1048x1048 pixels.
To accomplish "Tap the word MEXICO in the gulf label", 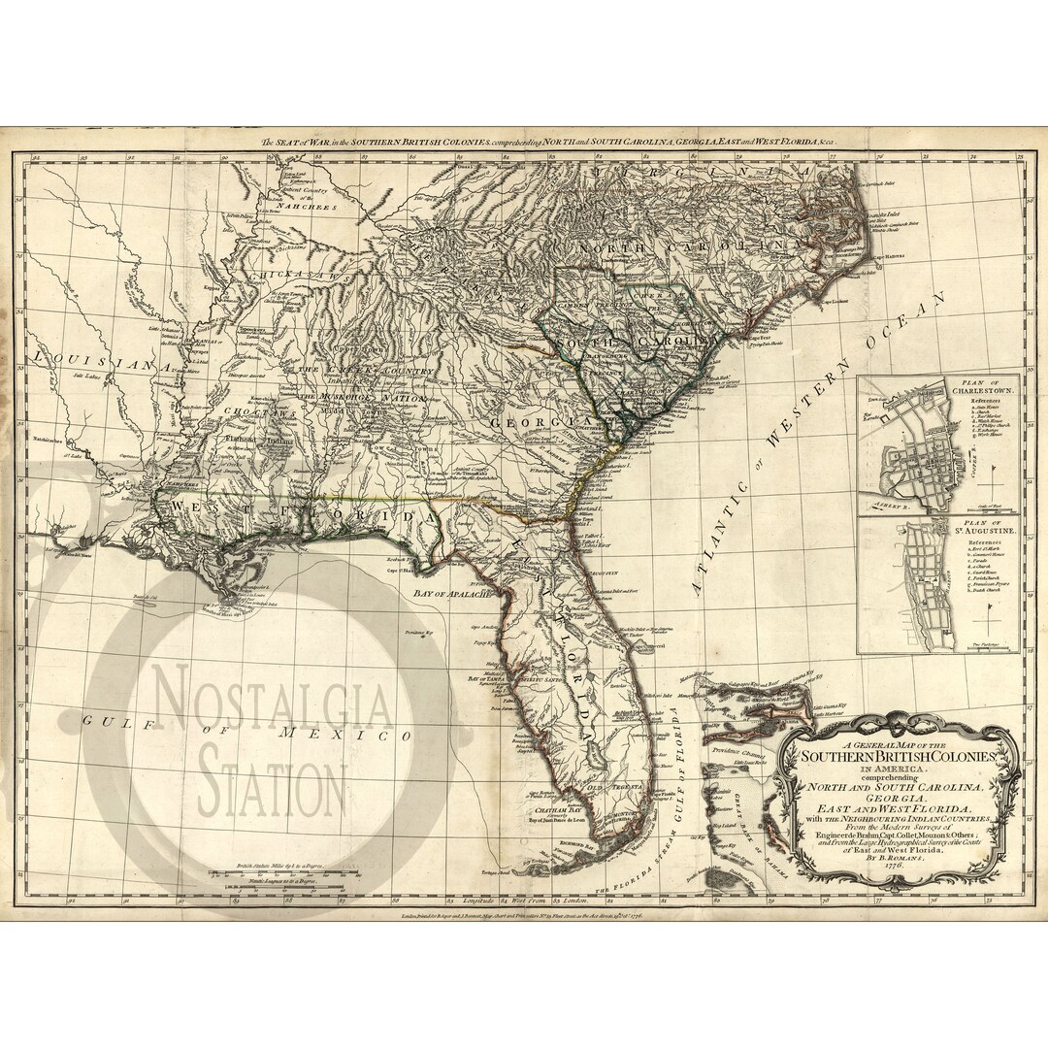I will pyautogui.click(x=344, y=735).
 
